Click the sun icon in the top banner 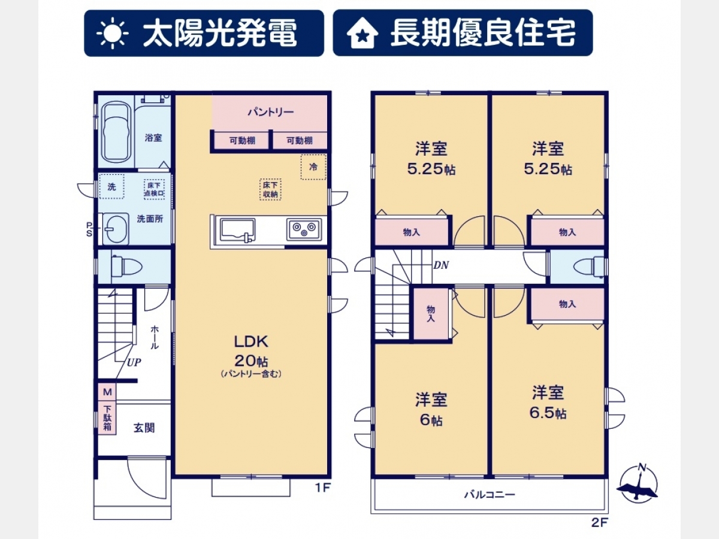pyautogui.click(x=112, y=33)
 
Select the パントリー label pyautogui.click(x=271, y=112)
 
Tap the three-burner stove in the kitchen pyautogui.click(x=304, y=229)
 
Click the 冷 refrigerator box pyautogui.click(x=313, y=167)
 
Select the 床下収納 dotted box pyautogui.click(x=270, y=189)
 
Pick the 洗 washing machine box pyautogui.click(x=111, y=186)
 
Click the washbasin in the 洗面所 pyautogui.click(x=116, y=229)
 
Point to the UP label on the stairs pyautogui.click(x=134, y=362)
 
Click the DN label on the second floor pyautogui.click(x=441, y=265)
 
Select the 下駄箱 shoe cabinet pyautogui.click(x=107, y=417)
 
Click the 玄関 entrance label pyautogui.click(x=144, y=428)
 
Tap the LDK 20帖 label pyautogui.click(x=251, y=351)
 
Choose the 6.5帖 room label pyautogui.click(x=548, y=413)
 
